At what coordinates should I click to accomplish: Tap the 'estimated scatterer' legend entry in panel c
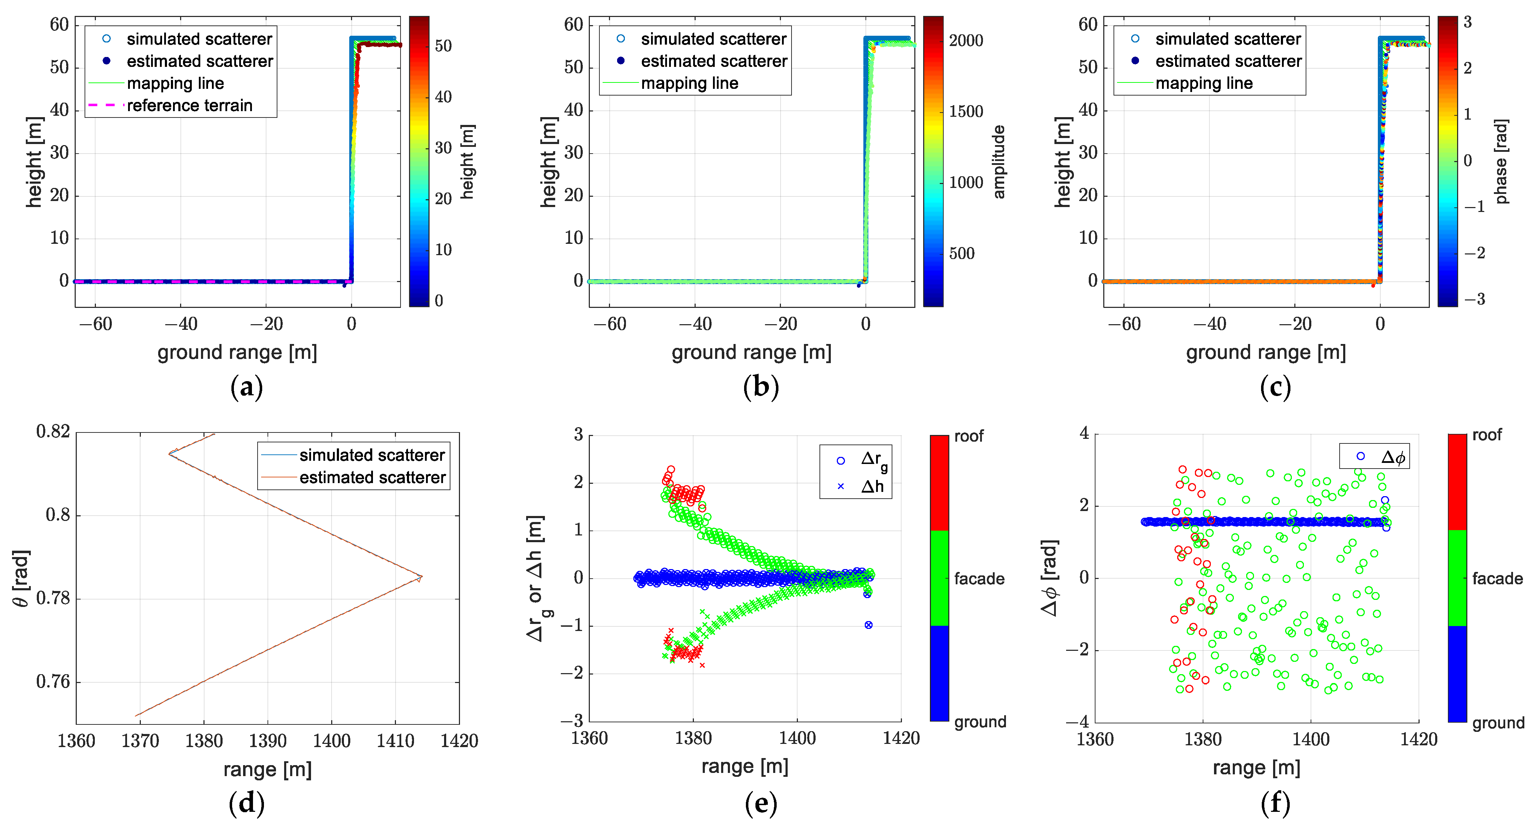tap(1228, 61)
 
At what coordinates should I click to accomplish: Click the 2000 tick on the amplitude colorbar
tap(966, 41)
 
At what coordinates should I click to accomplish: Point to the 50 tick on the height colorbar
tap(443, 46)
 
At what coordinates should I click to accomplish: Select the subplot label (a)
tap(246, 387)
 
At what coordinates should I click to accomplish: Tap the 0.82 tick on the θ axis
tap(53, 431)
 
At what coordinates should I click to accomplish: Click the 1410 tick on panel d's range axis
tap(395, 741)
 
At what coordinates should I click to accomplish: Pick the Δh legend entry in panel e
tap(872, 487)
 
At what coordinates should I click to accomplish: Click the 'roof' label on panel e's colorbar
tap(968, 436)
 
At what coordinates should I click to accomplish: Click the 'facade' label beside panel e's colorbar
tap(979, 579)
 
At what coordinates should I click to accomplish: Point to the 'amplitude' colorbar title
tap(999, 162)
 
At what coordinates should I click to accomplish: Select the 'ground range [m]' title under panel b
tap(751, 352)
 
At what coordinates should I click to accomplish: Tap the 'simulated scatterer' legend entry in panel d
tap(372, 455)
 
